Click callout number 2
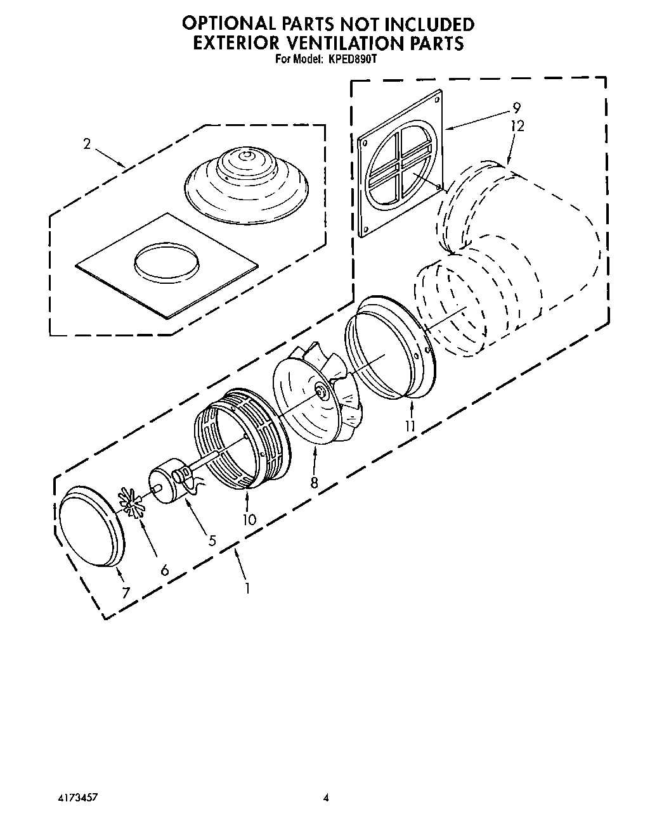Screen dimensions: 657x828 pos(87,144)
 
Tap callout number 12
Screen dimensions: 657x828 pos(517,126)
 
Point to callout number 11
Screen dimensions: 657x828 pos(410,426)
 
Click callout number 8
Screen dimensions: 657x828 pos(315,482)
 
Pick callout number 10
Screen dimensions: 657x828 pos(249,519)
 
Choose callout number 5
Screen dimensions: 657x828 pos(212,540)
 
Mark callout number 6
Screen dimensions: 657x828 pos(165,570)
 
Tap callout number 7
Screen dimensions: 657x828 pos(126,593)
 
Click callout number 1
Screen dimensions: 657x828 pos(246,587)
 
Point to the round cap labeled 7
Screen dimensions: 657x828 pos(91,525)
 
